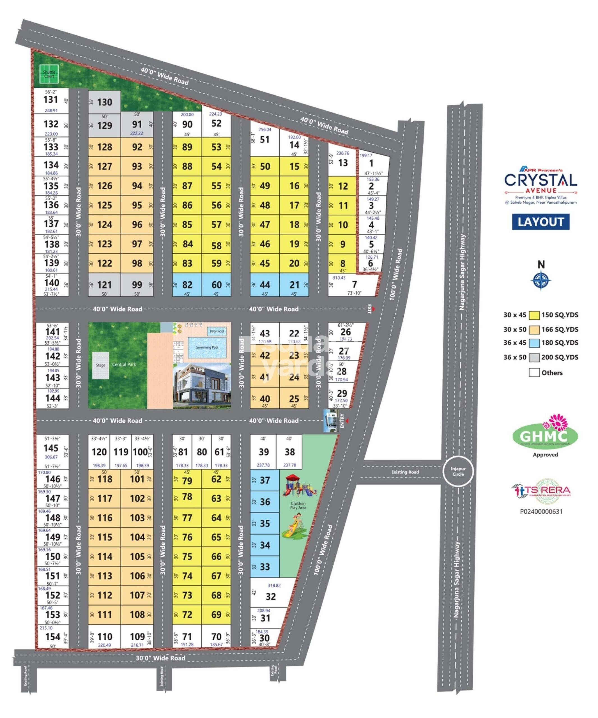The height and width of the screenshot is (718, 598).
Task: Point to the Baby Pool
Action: [x=217, y=331]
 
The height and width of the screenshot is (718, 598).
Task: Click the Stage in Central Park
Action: [x=100, y=365]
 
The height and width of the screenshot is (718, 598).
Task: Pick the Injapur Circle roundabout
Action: [x=458, y=471]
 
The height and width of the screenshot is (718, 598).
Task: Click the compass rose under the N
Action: [x=540, y=280]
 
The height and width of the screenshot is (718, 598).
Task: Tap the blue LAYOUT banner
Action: [x=540, y=222]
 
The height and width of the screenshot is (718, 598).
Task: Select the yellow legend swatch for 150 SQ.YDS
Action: [x=534, y=315]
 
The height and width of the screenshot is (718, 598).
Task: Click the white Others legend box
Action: [x=534, y=372]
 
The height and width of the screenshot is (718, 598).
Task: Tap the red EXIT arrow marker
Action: [x=374, y=309]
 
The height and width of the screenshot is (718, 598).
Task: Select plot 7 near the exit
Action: [x=354, y=284]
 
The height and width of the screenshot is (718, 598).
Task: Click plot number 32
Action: [x=270, y=597]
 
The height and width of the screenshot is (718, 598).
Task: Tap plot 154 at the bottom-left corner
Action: [x=53, y=637]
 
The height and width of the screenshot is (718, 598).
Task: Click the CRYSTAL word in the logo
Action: [x=540, y=180]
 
